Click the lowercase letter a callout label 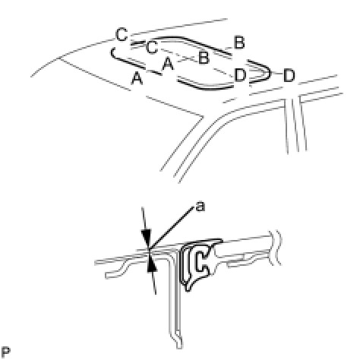[x=201, y=207]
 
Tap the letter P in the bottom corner [x=5, y=352]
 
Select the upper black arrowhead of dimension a [x=147, y=238]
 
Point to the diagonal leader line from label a [x=172, y=229]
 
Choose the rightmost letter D [x=289, y=75]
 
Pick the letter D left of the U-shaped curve [x=240, y=74]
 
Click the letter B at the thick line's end [x=239, y=43]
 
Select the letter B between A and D [x=204, y=58]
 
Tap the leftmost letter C [x=122, y=35]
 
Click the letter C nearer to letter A [x=152, y=47]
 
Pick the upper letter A [x=168, y=63]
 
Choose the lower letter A [x=137, y=78]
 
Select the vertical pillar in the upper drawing [x=295, y=124]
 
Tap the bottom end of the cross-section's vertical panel [x=179, y=347]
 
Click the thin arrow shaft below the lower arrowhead [x=153, y=283]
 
